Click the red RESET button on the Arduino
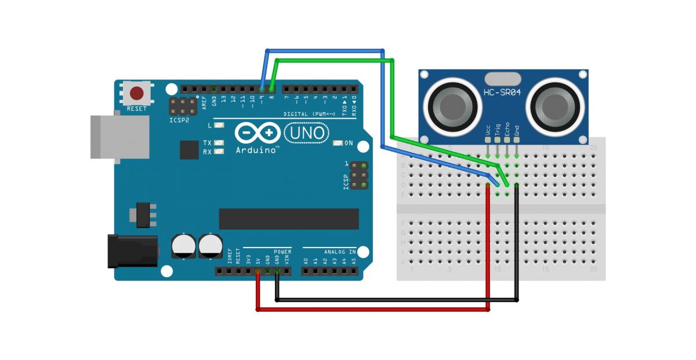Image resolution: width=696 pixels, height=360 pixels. point(137,93)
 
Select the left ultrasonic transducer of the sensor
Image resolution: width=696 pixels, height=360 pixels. point(452,106)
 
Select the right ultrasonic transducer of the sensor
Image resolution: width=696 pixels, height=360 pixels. point(554,106)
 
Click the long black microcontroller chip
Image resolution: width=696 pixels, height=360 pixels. point(288,219)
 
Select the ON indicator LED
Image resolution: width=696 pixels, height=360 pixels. point(337,143)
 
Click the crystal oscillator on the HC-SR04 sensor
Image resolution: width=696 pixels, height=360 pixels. point(502,78)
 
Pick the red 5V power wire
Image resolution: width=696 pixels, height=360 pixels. point(371,310)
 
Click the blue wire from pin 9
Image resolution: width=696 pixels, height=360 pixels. point(325,50)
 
